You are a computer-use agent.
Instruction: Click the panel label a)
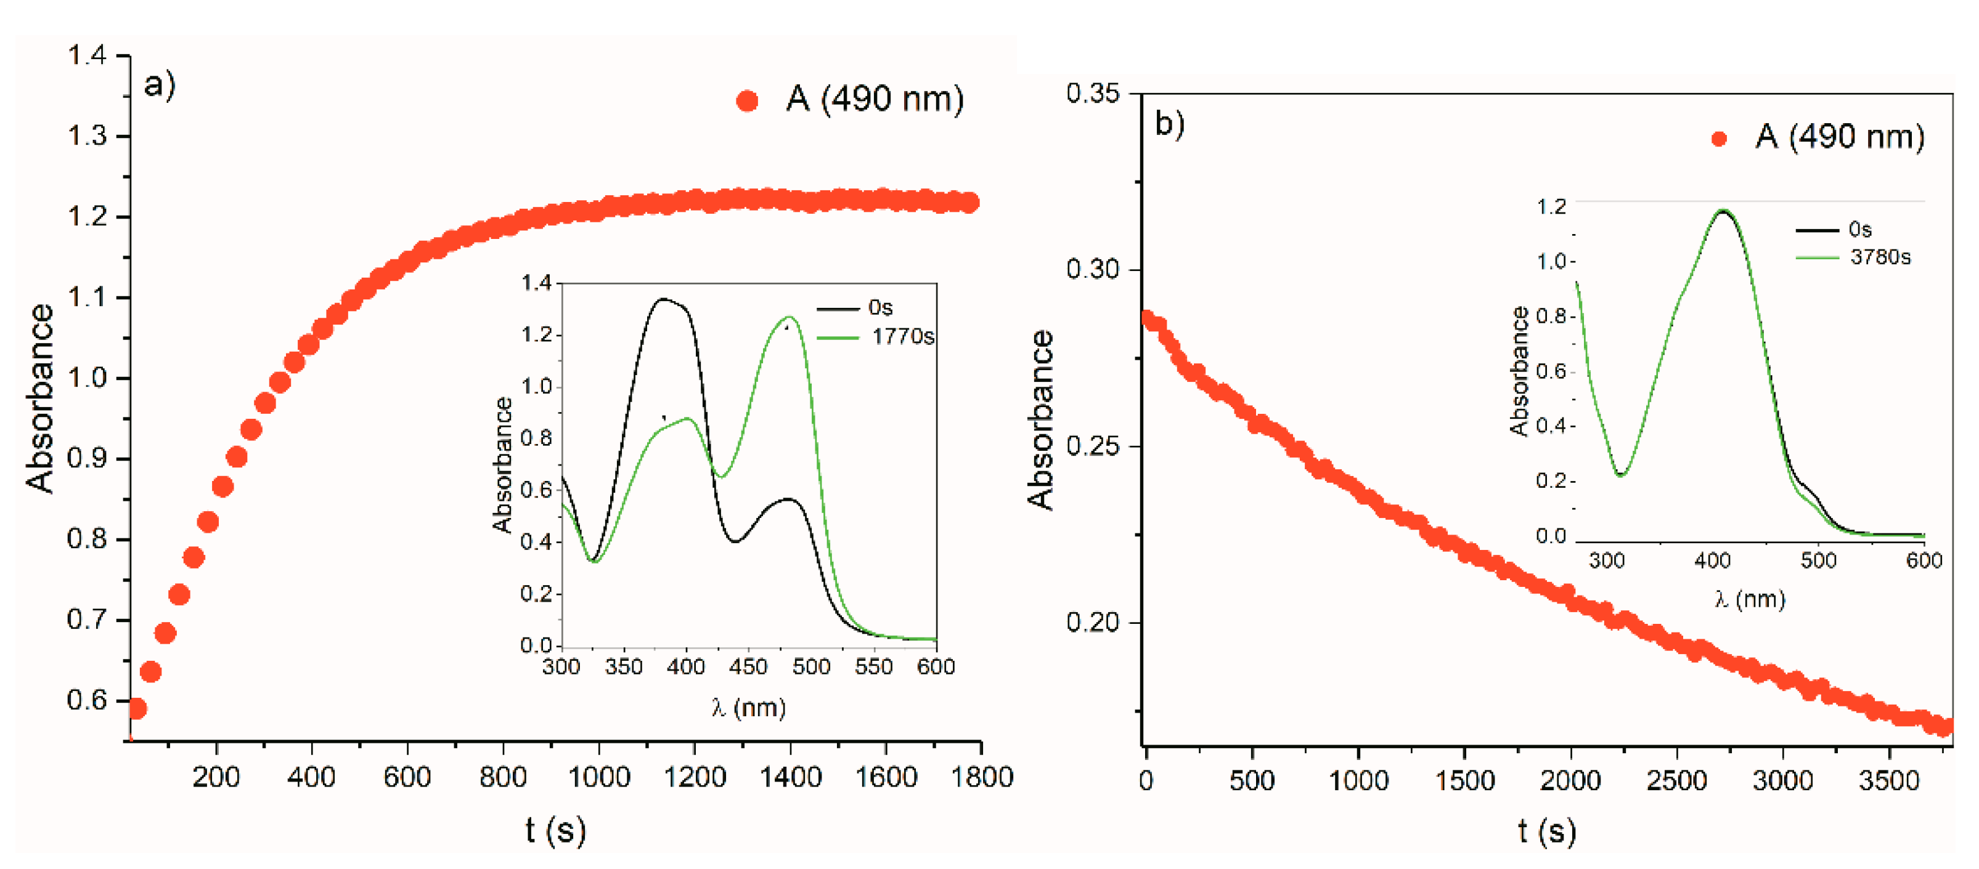pyautogui.click(x=159, y=84)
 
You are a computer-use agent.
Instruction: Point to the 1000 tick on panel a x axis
pyautogui.click(x=598, y=777)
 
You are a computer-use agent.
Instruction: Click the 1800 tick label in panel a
pyautogui.click(x=981, y=777)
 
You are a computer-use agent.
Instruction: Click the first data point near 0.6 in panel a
pyautogui.click(x=137, y=708)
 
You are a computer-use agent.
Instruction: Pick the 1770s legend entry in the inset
pyautogui.click(x=903, y=337)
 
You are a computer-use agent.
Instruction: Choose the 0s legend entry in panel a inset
pyautogui.click(x=880, y=308)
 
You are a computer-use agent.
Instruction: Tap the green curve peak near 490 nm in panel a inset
pyautogui.click(x=789, y=317)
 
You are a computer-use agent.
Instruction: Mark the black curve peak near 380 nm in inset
pyautogui.click(x=662, y=299)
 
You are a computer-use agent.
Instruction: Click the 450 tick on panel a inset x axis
pyautogui.click(x=748, y=666)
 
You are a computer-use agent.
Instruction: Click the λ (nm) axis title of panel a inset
pyautogui.click(x=748, y=707)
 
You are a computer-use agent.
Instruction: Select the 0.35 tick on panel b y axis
pyautogui.click(x=1093, y=94)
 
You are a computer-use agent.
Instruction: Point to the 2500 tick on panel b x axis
pyautogui.click(x=1676, y=781)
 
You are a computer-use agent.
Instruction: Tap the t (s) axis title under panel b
pyautogui.click(x=1546, y=831)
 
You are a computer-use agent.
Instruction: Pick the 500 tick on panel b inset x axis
pyautogui.click(x=1818, y=560)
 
